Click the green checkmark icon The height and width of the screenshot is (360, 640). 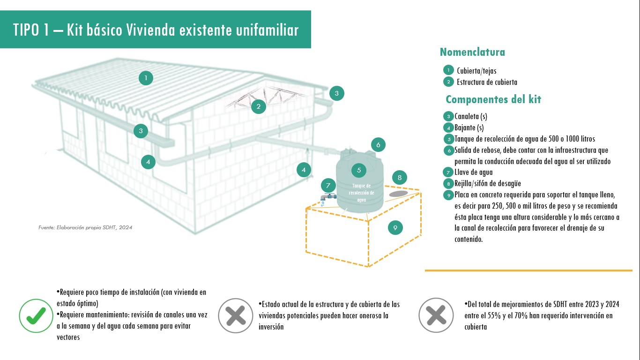[x=36, y=315]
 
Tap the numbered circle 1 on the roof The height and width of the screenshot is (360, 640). [x=146, y=78]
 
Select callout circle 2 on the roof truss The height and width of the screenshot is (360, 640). [x=258, y=106]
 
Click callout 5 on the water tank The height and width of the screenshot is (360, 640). [x=359, y=170]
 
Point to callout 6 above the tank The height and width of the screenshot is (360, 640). [x=378, y=144]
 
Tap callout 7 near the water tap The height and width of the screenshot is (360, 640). [x=328, y=186]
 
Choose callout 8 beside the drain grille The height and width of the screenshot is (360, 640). [x=400, y=178]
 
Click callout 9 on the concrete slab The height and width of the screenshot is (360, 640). [x=395, y=228]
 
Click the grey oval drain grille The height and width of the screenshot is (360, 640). [x=399, y=193]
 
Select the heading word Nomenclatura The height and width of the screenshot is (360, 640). [x=472, y=52]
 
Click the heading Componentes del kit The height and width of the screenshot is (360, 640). [x=493, y=99]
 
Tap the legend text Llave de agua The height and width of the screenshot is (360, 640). [x=473, y=172]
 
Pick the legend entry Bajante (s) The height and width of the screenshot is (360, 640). [x=469, y=127]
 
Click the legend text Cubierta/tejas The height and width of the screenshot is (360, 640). [x=476, y=71]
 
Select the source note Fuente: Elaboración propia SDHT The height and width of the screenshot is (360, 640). [x=85, y=227]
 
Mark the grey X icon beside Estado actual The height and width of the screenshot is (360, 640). [x=236, y=315]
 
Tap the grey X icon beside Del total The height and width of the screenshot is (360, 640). [x=436, y=315]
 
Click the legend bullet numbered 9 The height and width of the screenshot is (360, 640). [x=448, y=195]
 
